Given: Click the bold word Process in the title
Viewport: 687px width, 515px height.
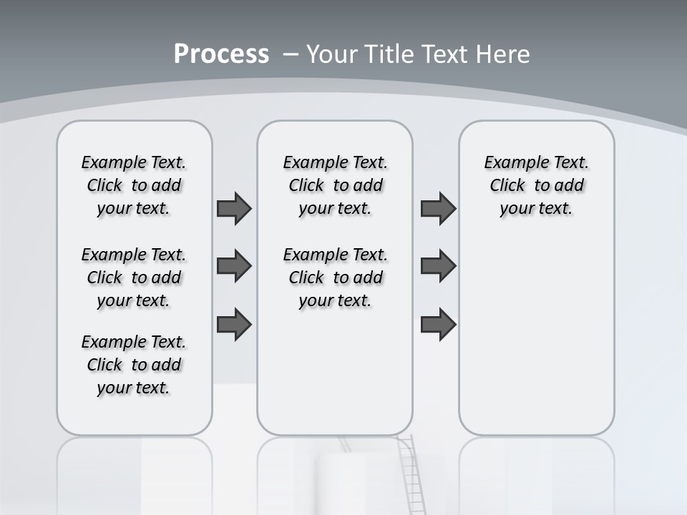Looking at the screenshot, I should (x=221, y=54).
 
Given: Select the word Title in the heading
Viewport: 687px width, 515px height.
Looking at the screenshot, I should (x=391, y=54).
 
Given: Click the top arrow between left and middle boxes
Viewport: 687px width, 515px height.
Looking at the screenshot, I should (x=234, y=208).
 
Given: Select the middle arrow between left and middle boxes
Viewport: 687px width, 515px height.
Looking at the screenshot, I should (x=234, y=266).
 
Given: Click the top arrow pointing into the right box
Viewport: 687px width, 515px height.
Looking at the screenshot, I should (x=438, y=208).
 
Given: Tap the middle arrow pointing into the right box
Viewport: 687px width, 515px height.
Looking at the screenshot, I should (x=438, y=266).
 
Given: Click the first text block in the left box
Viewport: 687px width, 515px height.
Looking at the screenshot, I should (x=134, y=185).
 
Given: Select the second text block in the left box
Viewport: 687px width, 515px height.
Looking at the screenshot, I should (x=134, y=278).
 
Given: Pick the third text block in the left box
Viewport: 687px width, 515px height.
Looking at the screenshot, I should (x=134, y=365).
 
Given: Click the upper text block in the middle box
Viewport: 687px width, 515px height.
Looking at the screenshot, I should (x=335, y=185).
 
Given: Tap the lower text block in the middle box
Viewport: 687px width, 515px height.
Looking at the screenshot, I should (x=335, y=278).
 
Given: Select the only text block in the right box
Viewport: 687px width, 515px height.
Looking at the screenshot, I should (x=536, y=185).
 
